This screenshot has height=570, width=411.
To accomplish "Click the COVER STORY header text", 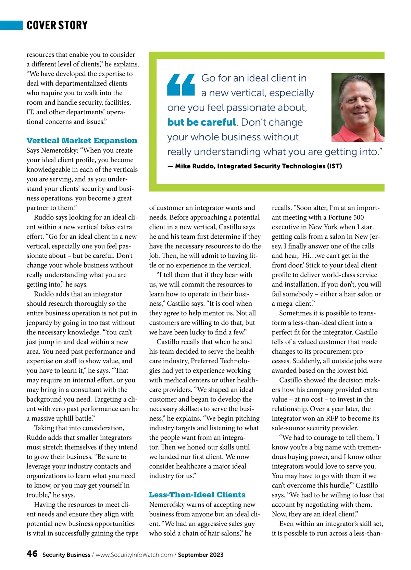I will [x=57, y=25].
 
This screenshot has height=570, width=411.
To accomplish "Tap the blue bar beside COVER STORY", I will [x=11, y=25].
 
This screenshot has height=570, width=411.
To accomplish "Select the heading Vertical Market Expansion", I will [x=82, y=140].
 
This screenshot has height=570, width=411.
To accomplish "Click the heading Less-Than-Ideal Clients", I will [x=197, y=495].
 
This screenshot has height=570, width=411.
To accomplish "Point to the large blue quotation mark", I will [x=181, y=85].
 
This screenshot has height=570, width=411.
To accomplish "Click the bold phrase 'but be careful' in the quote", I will [x=201, y=122].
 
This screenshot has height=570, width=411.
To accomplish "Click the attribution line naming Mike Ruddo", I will [x=254, y=166].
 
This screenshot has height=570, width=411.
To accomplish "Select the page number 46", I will [x=32, y=554].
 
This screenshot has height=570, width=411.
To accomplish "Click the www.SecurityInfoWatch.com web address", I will [x=134, y=555].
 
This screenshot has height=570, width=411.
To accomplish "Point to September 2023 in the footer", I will [x=200, y=555].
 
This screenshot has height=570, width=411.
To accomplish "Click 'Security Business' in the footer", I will [x=66, y=555].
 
